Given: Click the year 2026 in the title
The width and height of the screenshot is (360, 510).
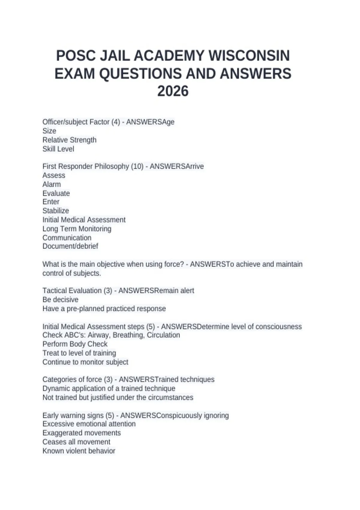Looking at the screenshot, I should point(173,91).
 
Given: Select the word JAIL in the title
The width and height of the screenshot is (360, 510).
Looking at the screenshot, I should point(115,56).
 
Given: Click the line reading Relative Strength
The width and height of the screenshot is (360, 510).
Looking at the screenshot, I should point(69,140).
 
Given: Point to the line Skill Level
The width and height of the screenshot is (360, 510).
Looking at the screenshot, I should point(58,149).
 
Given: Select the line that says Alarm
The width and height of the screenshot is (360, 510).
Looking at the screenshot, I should point(52,184).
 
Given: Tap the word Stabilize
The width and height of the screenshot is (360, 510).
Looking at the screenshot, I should point(56,211).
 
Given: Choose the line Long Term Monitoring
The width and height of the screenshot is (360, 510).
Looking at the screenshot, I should point(77,229).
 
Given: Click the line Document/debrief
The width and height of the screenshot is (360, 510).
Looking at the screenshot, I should point(70,246).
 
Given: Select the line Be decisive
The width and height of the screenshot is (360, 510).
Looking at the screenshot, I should point(60,300).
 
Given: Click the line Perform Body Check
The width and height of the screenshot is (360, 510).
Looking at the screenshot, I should point(75,344).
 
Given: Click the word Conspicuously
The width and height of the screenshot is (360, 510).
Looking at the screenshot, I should point(179,415).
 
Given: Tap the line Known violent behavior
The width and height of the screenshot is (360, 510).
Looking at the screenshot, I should point(79,451).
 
